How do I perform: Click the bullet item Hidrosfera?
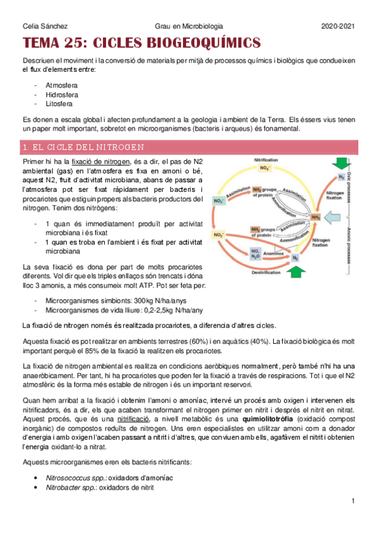click(x=62, y=94)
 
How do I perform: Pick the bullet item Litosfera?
click(x=59, y=103)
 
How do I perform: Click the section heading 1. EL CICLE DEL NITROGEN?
click(x=83, y=148)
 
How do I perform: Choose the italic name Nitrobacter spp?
click(x=66, y=487)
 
